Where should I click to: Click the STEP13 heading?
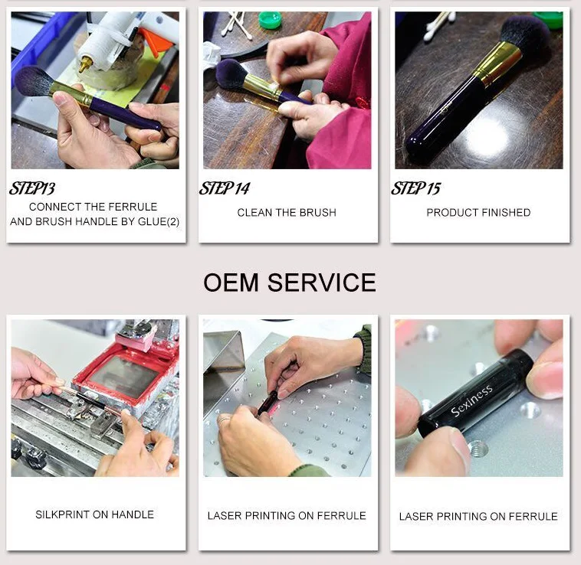point(32,188)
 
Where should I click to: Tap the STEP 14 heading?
point(225,188)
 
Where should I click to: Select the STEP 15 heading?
point(415,188)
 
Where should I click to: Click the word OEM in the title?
point(231,282)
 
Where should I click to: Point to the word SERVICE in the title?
point(322,282)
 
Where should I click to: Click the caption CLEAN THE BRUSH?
point(287,212)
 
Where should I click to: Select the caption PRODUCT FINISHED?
point(478,212)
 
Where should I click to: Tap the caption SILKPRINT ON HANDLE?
point(94,514)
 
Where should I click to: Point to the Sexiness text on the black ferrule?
point(471,400)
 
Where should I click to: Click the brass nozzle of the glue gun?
point(85,64)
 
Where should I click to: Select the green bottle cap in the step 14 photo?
point(270,21)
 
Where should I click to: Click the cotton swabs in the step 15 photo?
point(438,24)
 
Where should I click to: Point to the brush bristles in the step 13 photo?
point(34,81)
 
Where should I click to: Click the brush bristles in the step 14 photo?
point(231,74)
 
